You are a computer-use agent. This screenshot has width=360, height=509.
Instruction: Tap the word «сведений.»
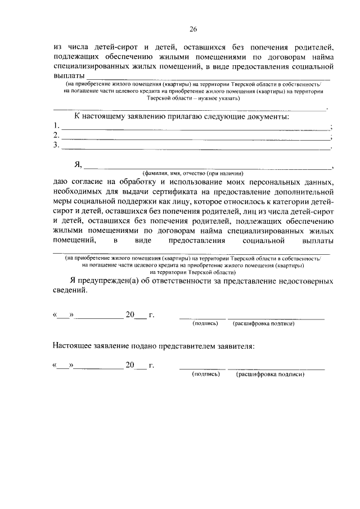point(70,292)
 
